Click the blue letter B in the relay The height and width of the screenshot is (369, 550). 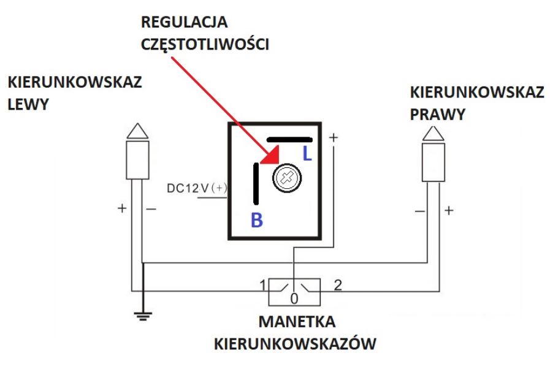[x=257, y=221]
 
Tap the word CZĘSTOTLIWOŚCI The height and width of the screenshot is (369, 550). [x=205, y=44]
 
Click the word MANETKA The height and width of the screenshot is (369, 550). [x=296, y=321]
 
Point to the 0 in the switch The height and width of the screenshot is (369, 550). [x=294, y=299]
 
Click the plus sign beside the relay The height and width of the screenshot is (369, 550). [x=333, y=138]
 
